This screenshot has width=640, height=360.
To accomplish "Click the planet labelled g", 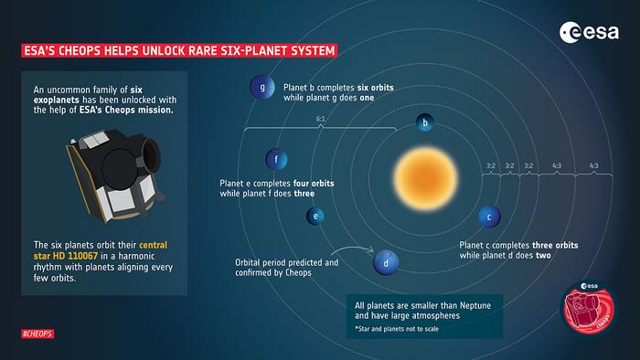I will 263,89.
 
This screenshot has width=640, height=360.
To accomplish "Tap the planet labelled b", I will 424,123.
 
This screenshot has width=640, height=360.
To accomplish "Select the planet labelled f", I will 277,161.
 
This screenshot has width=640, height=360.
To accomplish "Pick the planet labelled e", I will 315,217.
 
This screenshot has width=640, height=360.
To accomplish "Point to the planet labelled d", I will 386,263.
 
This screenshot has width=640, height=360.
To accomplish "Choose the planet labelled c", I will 489,217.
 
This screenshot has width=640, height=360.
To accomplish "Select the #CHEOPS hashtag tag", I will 37,334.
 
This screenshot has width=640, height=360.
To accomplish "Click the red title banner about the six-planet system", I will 178,49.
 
